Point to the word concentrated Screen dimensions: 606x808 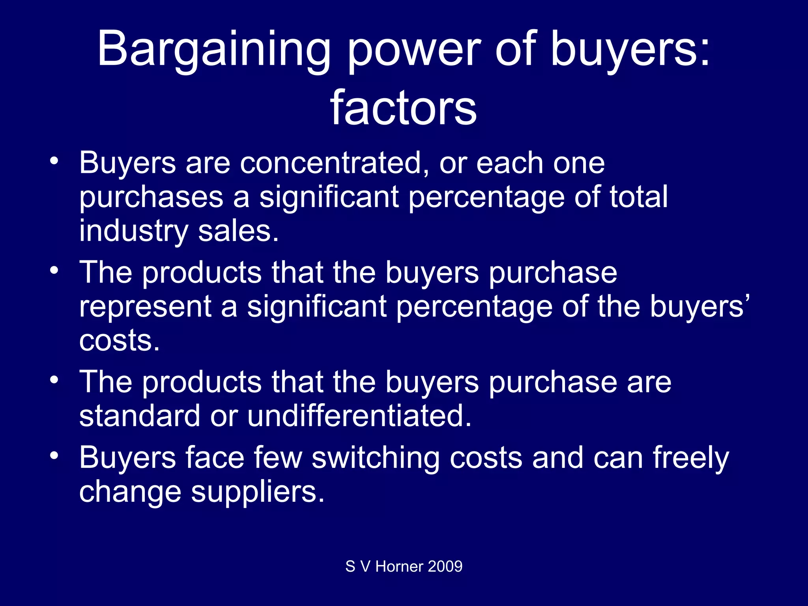click(x=331, y=163)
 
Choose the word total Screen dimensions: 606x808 click(x=638, y=196)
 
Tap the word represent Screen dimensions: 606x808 click(x=146, y=307)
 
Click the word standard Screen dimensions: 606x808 click(x=140, y=416)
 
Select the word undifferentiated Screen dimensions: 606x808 click(x=359, y=416)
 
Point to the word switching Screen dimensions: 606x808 click(x=375, y=458)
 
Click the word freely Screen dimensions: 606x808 click(x=690, y=458)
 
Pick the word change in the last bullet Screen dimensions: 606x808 click(x=130, y=492)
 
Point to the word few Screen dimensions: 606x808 click(x=278, y=458)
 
